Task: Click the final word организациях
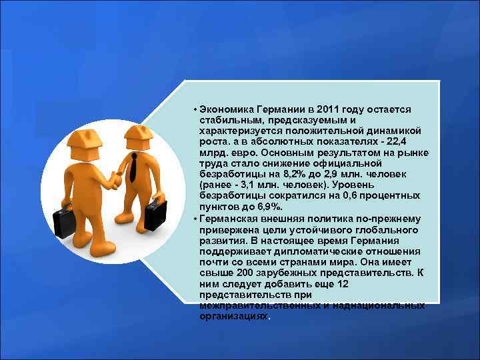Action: coord(233,315)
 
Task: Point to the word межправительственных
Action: coord(259,305)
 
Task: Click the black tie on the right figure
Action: coord(134,167)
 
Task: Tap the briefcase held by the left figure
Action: coord(66,219)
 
